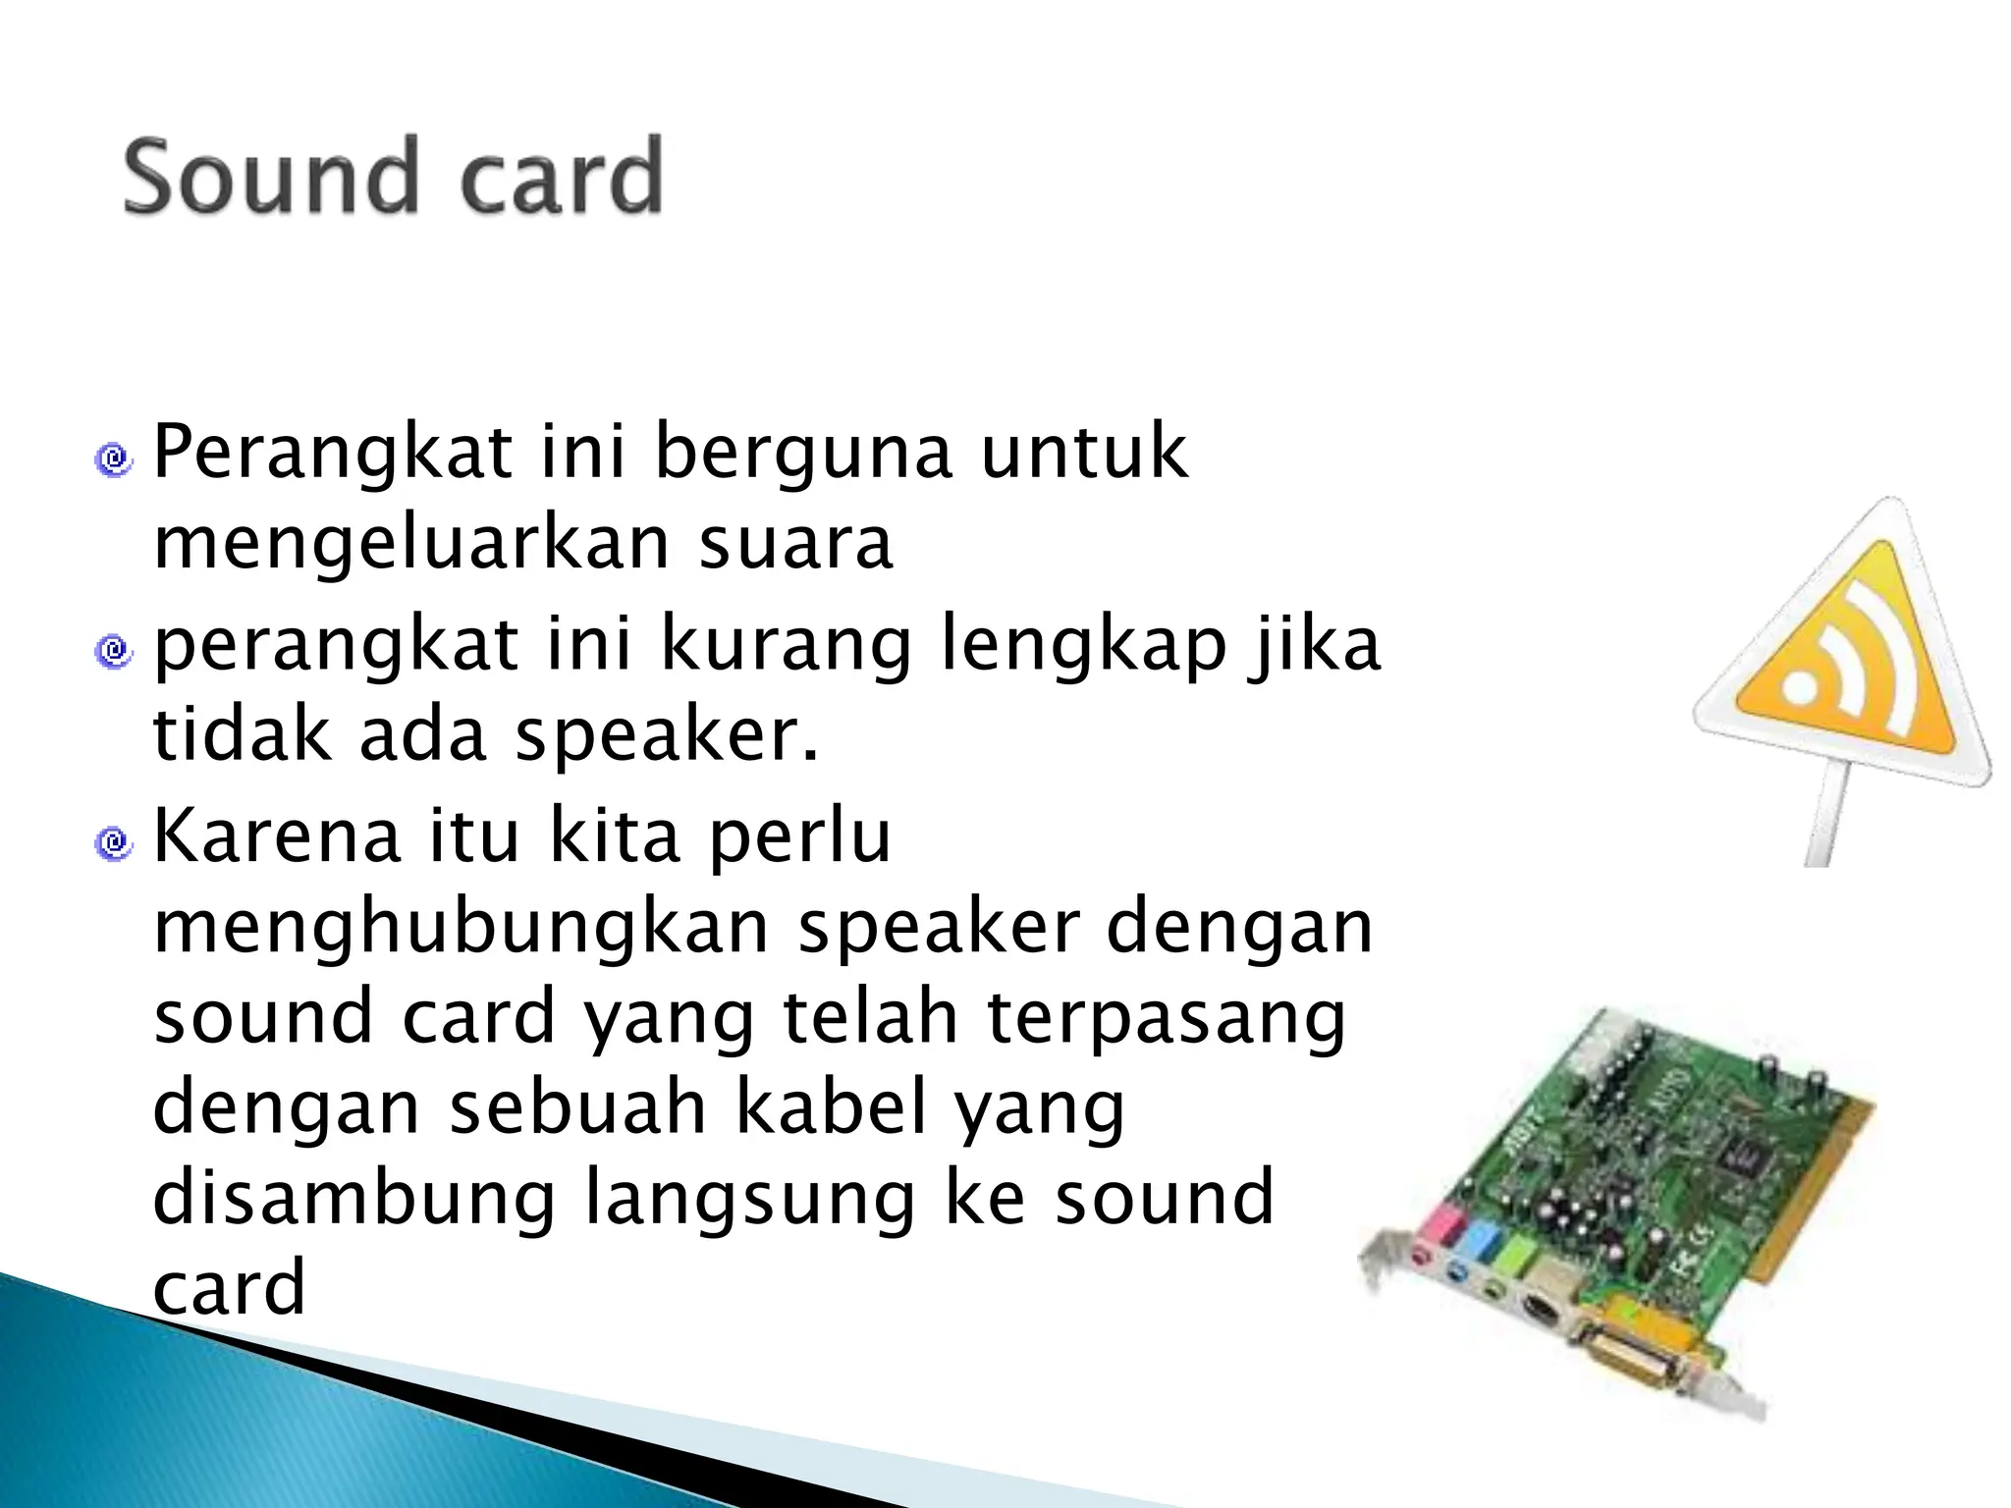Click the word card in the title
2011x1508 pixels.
coord(562,178)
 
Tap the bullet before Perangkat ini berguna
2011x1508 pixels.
coord(114,458)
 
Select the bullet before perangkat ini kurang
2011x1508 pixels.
coord(114,650)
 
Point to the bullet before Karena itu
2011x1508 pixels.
coord(114,841)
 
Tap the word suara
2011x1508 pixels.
coord(795,544)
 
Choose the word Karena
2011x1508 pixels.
coord(277,835)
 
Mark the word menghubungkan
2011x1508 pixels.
coord(462,929)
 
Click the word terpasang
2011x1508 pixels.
coord(1167,1019)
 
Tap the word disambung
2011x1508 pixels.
coord(355,1198)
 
